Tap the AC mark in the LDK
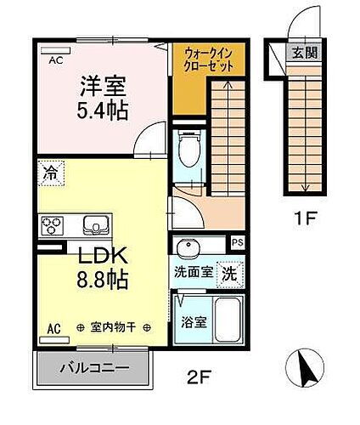pos(52,327)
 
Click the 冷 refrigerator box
pos(50,173)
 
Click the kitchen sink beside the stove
pos(94,226)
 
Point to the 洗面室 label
pos(193,275)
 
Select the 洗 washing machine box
pos(230,275)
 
